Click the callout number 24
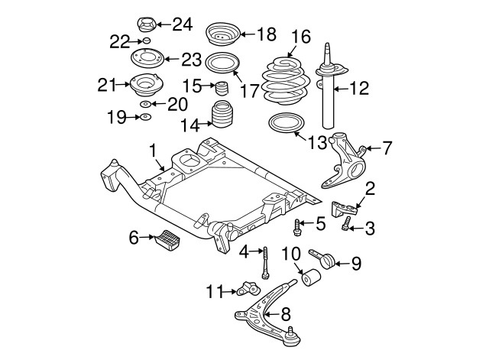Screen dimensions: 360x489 point(182,24)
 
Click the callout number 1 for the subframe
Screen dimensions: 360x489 point(153,149)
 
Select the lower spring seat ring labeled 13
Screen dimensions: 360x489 point(287,125)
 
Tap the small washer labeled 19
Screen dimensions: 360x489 point(144,117)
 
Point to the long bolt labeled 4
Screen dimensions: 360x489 point(264,262)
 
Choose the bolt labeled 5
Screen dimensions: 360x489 point(297,225)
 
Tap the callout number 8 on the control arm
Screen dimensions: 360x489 point(286,313)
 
